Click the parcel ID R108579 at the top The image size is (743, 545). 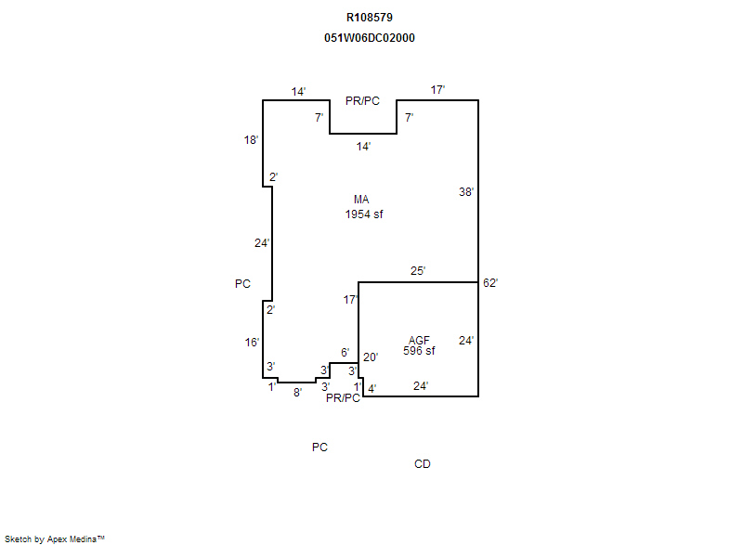coord(370,18)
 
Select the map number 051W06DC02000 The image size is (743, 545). coord(370,38)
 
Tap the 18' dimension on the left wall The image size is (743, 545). coord(251,139)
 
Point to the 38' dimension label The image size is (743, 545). coord(466,192)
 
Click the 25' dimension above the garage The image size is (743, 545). coord(418,271)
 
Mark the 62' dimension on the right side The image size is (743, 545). coord(490,282)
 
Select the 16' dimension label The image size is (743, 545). coord(252,343)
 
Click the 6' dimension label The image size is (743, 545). coord(345,352)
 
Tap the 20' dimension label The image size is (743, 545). coord(371,357)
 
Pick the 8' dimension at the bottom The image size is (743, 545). coord(297,393)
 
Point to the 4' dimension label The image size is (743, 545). coord(372,389)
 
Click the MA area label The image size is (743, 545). coord(361,200)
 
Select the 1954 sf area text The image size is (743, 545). coord(364,214)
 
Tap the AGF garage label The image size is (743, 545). coord(420,341)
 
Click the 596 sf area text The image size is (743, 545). coord(420,351)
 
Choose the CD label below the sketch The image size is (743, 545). coord(423,464)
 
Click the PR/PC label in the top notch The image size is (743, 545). coord(362,101)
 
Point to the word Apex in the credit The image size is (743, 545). coord(57,539)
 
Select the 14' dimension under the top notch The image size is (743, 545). coord(363,147)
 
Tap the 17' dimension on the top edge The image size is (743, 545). coord(437,89)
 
